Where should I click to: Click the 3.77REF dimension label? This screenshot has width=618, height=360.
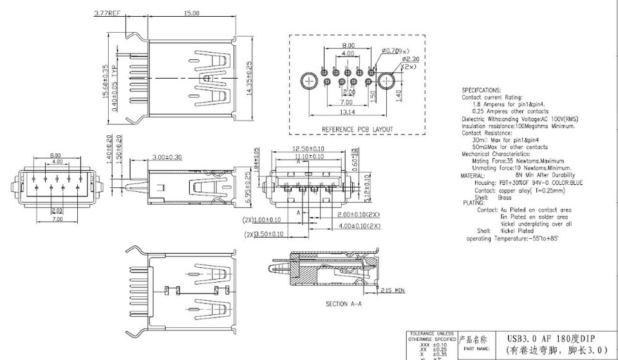click(x=107, y=13)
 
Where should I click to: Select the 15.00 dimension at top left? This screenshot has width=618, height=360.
click(x=191, y=13)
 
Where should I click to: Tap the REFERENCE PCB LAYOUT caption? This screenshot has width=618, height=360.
click(x=357, y=129)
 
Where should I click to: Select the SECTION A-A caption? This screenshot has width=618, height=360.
click(x=344, y=303)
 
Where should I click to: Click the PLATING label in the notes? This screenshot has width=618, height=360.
click(x=474, y=203)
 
